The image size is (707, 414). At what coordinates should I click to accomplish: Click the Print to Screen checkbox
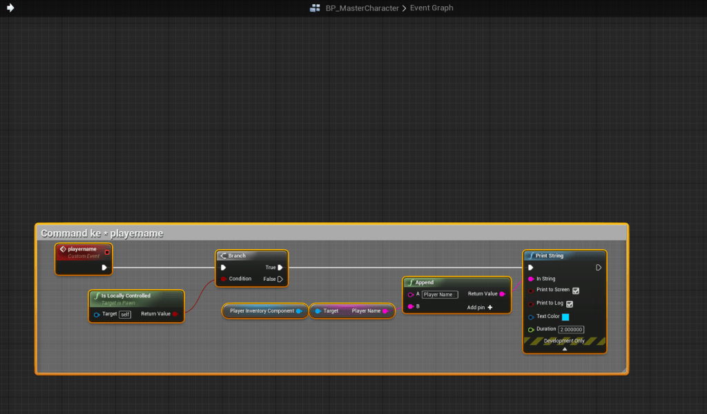576,290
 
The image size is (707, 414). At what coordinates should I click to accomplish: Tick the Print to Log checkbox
570,304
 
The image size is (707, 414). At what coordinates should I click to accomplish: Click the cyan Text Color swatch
565,317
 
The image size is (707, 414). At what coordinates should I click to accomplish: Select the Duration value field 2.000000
571,329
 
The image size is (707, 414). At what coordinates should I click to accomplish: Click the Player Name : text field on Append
440,295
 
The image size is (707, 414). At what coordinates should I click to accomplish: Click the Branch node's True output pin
280,268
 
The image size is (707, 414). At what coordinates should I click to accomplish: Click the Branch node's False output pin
280,279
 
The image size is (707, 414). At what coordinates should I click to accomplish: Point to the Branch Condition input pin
223,279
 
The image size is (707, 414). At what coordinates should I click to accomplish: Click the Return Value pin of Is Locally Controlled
175,314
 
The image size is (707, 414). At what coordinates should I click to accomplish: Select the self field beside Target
125,315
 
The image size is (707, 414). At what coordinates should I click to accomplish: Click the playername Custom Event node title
82,249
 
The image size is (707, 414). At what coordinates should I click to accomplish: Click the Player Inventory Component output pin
298,310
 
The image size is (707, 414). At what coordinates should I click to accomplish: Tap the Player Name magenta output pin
385,310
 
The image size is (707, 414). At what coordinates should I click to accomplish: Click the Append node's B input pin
410,307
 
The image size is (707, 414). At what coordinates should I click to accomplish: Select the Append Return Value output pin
502,294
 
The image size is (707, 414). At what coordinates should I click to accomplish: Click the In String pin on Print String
531,279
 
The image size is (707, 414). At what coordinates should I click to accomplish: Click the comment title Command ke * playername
102,233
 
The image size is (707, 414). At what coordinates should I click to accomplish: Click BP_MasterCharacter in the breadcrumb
362,8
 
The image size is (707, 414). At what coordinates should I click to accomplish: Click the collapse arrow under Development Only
565,349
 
